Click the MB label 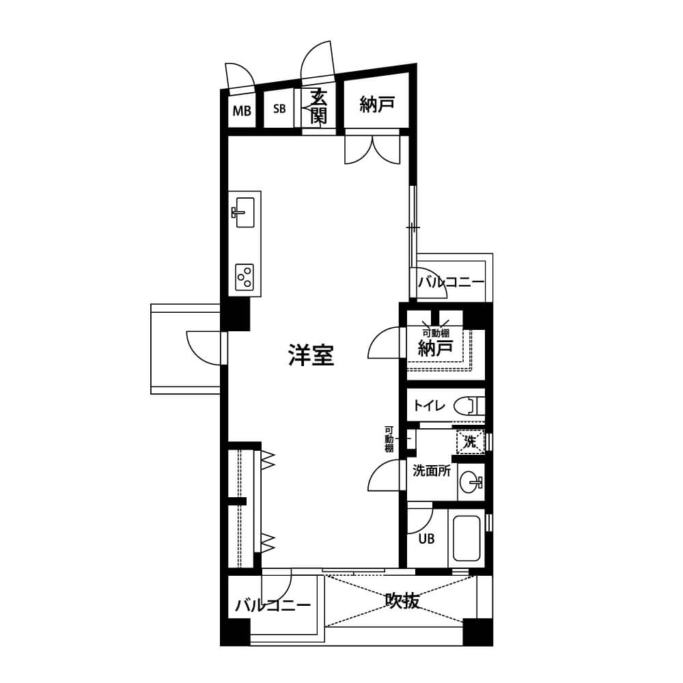click(242, 111)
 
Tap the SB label click(279, 109)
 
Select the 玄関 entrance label click(318, 107)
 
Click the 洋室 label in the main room click(311, 355)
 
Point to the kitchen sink click(245, 212)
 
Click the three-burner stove click(245, 277)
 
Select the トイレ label click(430, 406)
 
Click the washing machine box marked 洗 click(470, 442)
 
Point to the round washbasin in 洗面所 click(471, 483)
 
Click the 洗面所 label click(432, 471)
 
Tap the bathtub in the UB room click(466, 538)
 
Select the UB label click(426, 539)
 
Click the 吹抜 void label click(403, 601)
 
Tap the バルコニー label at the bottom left click(273, 605)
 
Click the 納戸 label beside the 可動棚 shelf click(436, 348)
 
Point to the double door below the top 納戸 click(372, 150)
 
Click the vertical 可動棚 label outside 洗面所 click(389, 439)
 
